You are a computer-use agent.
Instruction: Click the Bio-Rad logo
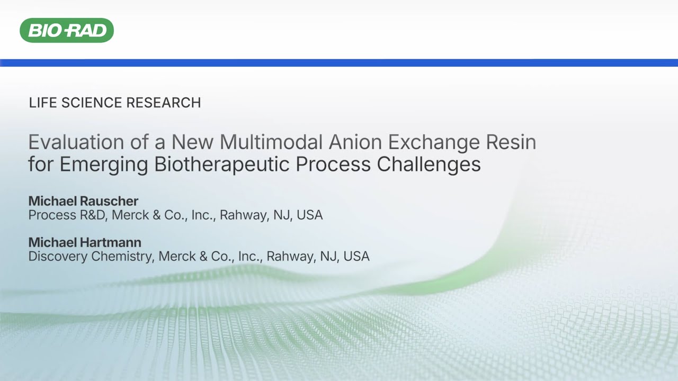[x=67, y=30]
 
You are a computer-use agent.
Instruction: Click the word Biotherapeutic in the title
[x=222, y=165]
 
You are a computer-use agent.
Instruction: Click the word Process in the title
[x=333, y=165]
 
